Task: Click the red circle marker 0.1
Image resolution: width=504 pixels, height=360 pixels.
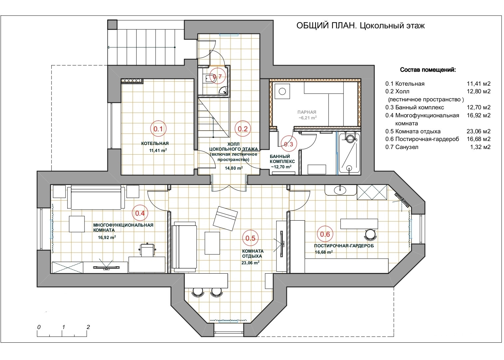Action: (158, 129)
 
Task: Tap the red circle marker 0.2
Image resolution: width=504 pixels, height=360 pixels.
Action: (243, 129)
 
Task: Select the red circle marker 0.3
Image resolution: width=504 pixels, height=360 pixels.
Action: (288, 144)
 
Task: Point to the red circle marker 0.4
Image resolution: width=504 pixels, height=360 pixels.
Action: (140, 213)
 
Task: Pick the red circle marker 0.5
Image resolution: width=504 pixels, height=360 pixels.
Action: (250, 238)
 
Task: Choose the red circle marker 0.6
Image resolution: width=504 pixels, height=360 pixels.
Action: (325, 234)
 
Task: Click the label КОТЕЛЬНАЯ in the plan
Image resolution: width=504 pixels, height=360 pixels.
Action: (155, 144)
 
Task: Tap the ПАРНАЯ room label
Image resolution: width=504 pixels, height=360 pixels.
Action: (307, 112)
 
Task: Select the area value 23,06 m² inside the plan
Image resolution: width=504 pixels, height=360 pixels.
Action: (251, 263)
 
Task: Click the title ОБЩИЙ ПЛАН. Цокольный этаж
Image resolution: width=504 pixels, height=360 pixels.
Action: (360, 26)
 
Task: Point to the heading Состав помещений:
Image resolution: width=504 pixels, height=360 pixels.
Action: (428, 70)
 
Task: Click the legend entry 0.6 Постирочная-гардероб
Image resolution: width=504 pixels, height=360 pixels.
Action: (422, 139)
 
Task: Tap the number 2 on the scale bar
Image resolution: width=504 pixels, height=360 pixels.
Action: (88, 327)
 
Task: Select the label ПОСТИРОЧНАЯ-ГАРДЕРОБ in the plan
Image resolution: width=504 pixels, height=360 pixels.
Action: (344, 246)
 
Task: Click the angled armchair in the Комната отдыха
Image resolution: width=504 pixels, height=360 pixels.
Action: (226, 218)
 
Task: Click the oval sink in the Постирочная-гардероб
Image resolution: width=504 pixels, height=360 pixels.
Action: (340, 190)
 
